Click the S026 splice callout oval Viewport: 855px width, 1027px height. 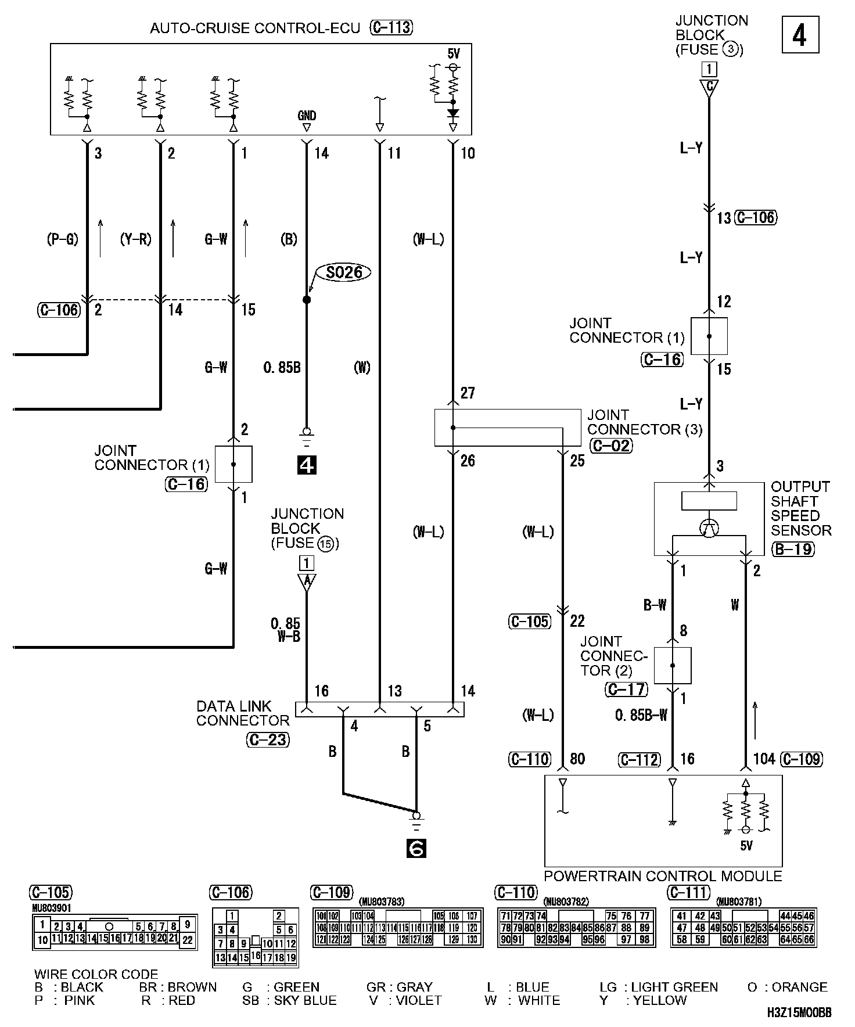(x=344, y=272)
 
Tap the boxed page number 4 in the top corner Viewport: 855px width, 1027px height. (x=799, y=35)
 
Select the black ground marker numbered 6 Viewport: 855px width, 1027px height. (x=416, y=849)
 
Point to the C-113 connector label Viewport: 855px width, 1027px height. (x=391, y=28)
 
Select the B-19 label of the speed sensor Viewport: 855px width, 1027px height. (x=793, y=548)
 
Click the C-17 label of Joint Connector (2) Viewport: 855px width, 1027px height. (x=626, y=689)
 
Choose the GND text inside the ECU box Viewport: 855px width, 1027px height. (x=307, y=116)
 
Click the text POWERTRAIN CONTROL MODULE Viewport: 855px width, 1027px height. (x=663, y=875)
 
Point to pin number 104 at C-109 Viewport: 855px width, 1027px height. (x=764, y=759)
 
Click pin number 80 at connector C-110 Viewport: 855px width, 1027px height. (x=577, y=759)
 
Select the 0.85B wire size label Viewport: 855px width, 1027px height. (x=282, y=368)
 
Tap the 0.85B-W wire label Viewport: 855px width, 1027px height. (x=641, y=715)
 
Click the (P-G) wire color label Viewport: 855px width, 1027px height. (x=62, y=239)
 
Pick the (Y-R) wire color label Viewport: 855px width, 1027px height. (x=135, y=239)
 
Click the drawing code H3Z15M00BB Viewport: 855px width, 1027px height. (x=799, y=1014)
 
